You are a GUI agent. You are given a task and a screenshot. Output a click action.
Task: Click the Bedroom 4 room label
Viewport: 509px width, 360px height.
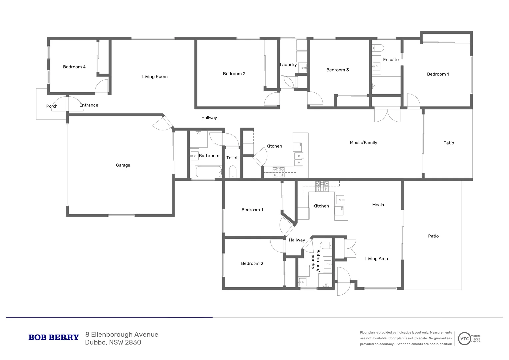[x=74, y=67]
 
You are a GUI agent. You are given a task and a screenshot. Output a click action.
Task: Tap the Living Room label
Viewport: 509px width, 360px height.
[x=155, y=77]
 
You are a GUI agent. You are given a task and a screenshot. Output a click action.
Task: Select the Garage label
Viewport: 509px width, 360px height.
[x=123, y=165]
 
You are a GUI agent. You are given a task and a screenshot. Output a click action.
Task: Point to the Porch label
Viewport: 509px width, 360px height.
[x=52, y=106]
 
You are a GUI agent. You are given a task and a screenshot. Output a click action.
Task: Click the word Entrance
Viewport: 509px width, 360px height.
[x=89, y=105]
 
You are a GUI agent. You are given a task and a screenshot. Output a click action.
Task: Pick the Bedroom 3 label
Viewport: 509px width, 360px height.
[x=337, y=70]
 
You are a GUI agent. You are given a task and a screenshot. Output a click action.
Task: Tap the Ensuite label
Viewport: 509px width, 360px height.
[x=391, y=60]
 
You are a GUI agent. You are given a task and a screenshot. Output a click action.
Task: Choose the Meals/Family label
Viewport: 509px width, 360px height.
[x=363, y=143]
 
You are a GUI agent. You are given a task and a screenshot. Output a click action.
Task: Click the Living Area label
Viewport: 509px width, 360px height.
[x=376, y=259]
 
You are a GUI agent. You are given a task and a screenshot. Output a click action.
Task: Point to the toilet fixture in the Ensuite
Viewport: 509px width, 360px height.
[x=378, y=48]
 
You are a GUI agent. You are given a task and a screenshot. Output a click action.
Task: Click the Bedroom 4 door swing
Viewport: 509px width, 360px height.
[x=101, y=87]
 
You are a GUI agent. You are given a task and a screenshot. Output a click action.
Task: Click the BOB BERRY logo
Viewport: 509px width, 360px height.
[x=54, y=338]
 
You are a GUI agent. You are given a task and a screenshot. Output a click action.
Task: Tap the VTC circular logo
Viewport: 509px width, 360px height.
[x=464, y=339]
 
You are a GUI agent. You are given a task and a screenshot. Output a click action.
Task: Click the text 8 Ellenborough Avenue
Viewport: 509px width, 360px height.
[x=122, y=335]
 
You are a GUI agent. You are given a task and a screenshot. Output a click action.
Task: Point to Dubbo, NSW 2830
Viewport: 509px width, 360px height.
[x=113, y=342]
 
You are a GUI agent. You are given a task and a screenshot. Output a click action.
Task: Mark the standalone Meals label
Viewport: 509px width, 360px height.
[x=378, y=205]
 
